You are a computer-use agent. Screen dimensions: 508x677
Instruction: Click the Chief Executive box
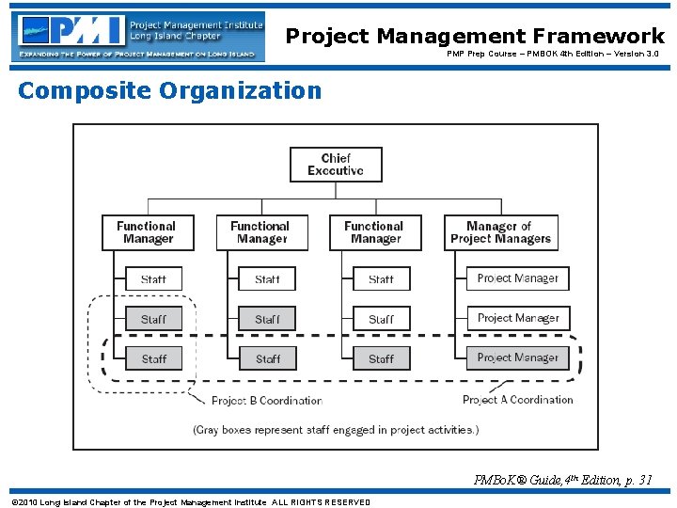coord(335,165)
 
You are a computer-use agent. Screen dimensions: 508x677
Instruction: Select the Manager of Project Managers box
coord(500,232)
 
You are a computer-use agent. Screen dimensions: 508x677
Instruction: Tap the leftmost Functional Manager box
coord(148,232)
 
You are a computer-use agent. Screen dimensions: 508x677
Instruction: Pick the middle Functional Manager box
coord(261,232)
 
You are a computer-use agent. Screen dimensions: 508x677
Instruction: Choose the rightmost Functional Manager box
coord(374,232)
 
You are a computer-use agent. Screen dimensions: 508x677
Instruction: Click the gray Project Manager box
coord(517,357)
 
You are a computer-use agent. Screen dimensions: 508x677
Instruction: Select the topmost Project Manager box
coord(517,278)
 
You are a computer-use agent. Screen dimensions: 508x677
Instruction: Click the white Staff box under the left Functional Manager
coord(153,278)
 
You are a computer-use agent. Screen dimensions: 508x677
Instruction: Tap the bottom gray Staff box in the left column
coord(153,358)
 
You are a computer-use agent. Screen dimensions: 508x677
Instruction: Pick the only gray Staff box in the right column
coord(381,358)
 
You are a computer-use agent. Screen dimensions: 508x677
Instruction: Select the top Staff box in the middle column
coord(267,278)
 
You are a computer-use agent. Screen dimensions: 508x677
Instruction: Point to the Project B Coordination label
coord(266,401)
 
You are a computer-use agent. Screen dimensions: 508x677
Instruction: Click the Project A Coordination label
coord(517,400)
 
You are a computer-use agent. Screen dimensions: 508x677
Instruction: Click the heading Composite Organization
coord(169,90)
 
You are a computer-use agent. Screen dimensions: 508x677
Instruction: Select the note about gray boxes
coord(336,430)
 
